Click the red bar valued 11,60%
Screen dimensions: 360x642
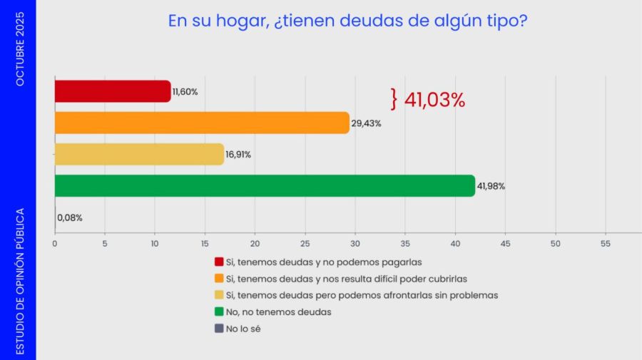pyautogui.click(x=112, y=91)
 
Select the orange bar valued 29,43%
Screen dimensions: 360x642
pyautogui.click(x=201, y=123)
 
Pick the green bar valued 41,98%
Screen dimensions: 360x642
pyautogui.click(x=264, y=186)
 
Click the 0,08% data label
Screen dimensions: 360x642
pyautogui.click(x=70, y=217)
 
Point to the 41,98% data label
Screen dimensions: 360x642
pyautogui.click(x=491, y=186)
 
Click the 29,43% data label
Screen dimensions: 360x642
pyautogui.click(x=367, y=123)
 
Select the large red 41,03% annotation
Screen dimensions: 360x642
pyautogui.click(x=434, y=100)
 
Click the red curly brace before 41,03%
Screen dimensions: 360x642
pyautogui.click(x=393, y=99)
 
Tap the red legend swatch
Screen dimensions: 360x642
pyautogui.click(x=219, y=262)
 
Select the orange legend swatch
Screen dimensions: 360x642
pyautogui.click(x=219, y=278)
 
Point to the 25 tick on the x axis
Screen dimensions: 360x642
pyautogui.click(x=305, y=243)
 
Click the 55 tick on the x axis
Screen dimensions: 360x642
pyautogui.click(x=606, y=243)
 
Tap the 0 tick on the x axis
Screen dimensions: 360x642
pyautogui.click(x=55, y=243)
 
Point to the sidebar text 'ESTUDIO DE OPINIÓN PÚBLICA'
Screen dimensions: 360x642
pyautogui.click(x=20, y=281)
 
